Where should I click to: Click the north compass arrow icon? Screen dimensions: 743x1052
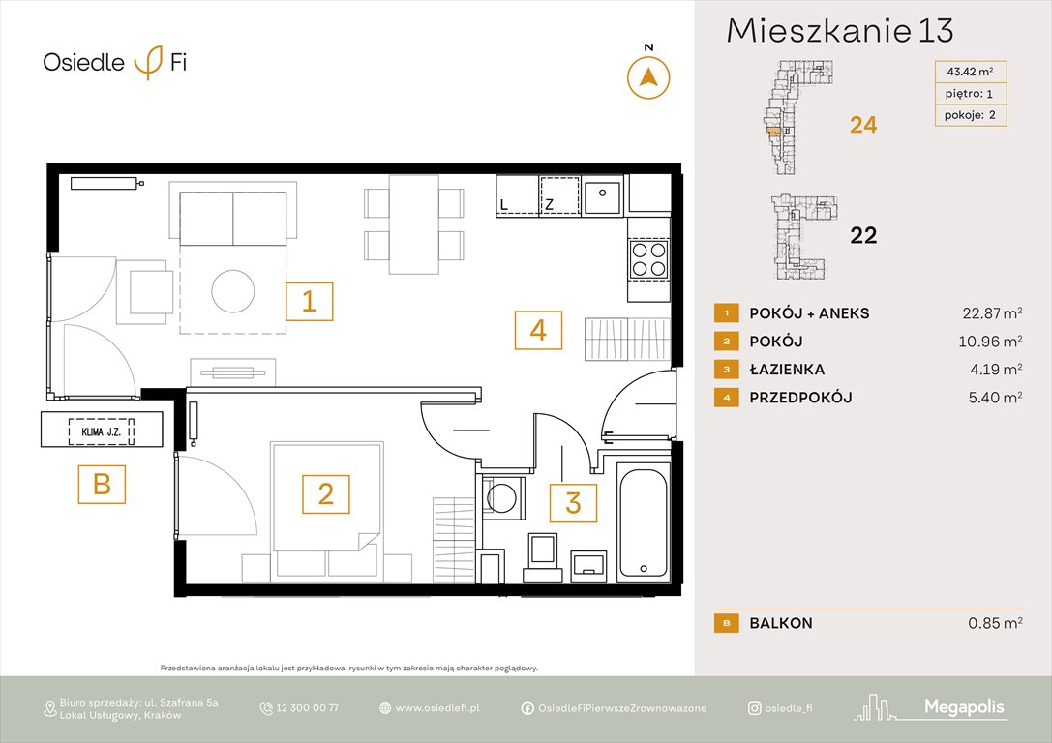tap(648, 77)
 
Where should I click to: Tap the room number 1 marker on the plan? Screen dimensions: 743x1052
tap(309, 302)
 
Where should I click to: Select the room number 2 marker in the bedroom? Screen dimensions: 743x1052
tap(326, 494)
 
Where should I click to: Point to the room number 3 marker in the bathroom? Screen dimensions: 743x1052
tap(573, 503)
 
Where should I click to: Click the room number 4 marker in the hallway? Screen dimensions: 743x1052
tap(538, 330)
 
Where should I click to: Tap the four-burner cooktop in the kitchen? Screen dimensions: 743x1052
tap(648, 258)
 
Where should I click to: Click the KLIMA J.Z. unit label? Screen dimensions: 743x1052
tap(102, 429)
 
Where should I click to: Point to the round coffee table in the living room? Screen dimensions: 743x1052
tap(234, 289)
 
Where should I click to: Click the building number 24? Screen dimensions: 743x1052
tap(863, 125)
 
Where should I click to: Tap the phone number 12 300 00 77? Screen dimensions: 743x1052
tap(308, 708)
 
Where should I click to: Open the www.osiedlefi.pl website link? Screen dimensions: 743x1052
tap(437, 708)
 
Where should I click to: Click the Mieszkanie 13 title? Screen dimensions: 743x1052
tap(839, 31)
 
